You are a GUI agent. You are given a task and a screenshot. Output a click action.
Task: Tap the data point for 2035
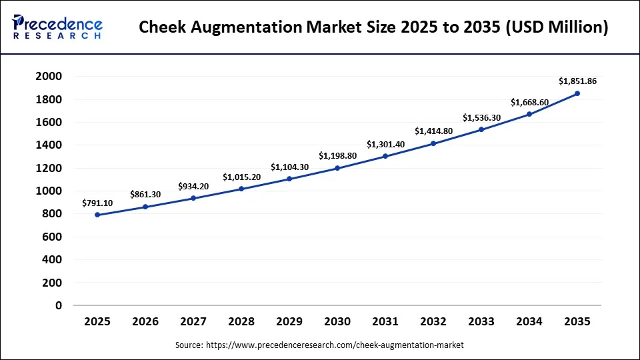pos(577,93)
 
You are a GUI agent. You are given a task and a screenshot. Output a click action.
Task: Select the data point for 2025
pos(97,215)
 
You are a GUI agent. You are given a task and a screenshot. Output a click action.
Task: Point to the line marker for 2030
pos(337,168)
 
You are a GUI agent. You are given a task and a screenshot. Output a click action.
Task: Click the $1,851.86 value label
pos(577,81)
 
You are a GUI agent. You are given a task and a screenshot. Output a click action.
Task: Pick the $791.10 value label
pos(97,203)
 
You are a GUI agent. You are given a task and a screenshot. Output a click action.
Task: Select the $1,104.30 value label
pos(289,167)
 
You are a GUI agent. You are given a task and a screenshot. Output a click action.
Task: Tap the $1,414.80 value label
pos(433,131)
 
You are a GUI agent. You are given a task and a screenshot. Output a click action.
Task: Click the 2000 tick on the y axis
pos(49,77)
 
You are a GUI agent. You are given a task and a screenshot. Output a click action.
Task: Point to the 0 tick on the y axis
pos(59,305)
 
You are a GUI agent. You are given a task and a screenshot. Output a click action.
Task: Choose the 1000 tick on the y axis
pos(49,191)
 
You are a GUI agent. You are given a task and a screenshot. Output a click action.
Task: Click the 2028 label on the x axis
pos(241,321)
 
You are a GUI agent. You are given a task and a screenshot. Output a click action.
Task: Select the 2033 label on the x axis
pos(481,321)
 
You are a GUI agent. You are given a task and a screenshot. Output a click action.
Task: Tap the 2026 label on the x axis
pos(145,321)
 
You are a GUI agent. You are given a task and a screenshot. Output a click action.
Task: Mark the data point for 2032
pos(433,143)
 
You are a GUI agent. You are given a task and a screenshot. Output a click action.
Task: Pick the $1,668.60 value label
pos(529,102)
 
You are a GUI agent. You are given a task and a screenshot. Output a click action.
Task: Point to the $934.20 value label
pos(193,186)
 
